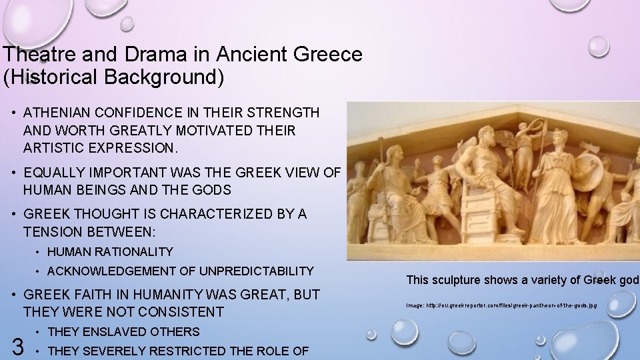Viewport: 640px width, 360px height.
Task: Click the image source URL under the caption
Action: pos(501,305)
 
